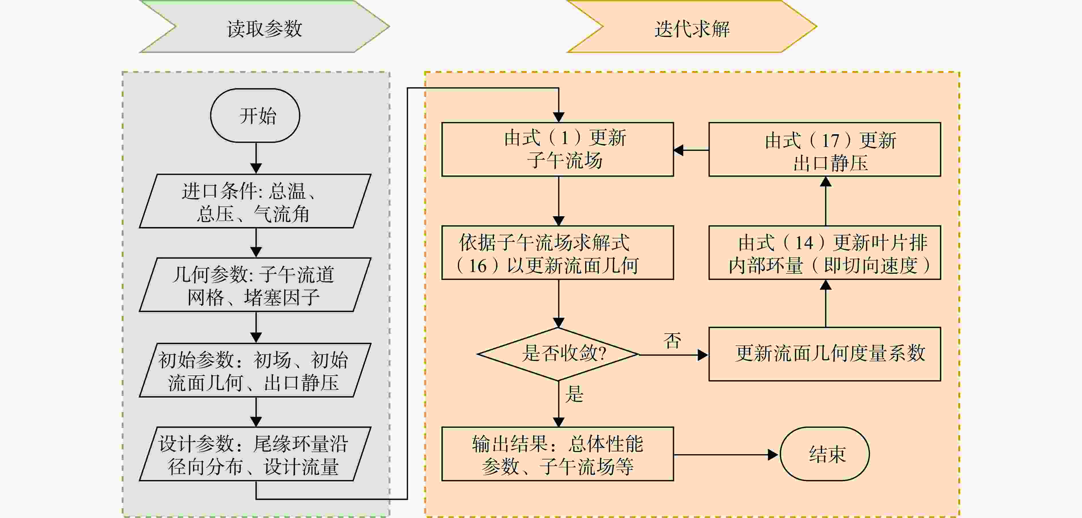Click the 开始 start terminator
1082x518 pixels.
click(255, 115)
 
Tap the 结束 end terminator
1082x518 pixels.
click(824, 454)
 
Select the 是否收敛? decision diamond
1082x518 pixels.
click(558, 354)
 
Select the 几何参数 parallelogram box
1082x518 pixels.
click(255, 285)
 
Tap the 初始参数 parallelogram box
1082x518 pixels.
click(255, 370)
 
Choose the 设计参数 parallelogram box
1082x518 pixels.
click(255, 454)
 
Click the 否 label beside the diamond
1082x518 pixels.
click(672, 341)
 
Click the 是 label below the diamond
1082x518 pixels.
click(574, 394)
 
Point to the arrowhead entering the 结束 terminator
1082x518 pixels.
click(773, 454)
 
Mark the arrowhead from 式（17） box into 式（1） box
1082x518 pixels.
click(679, 150)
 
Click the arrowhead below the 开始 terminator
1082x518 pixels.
click(256, 168)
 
